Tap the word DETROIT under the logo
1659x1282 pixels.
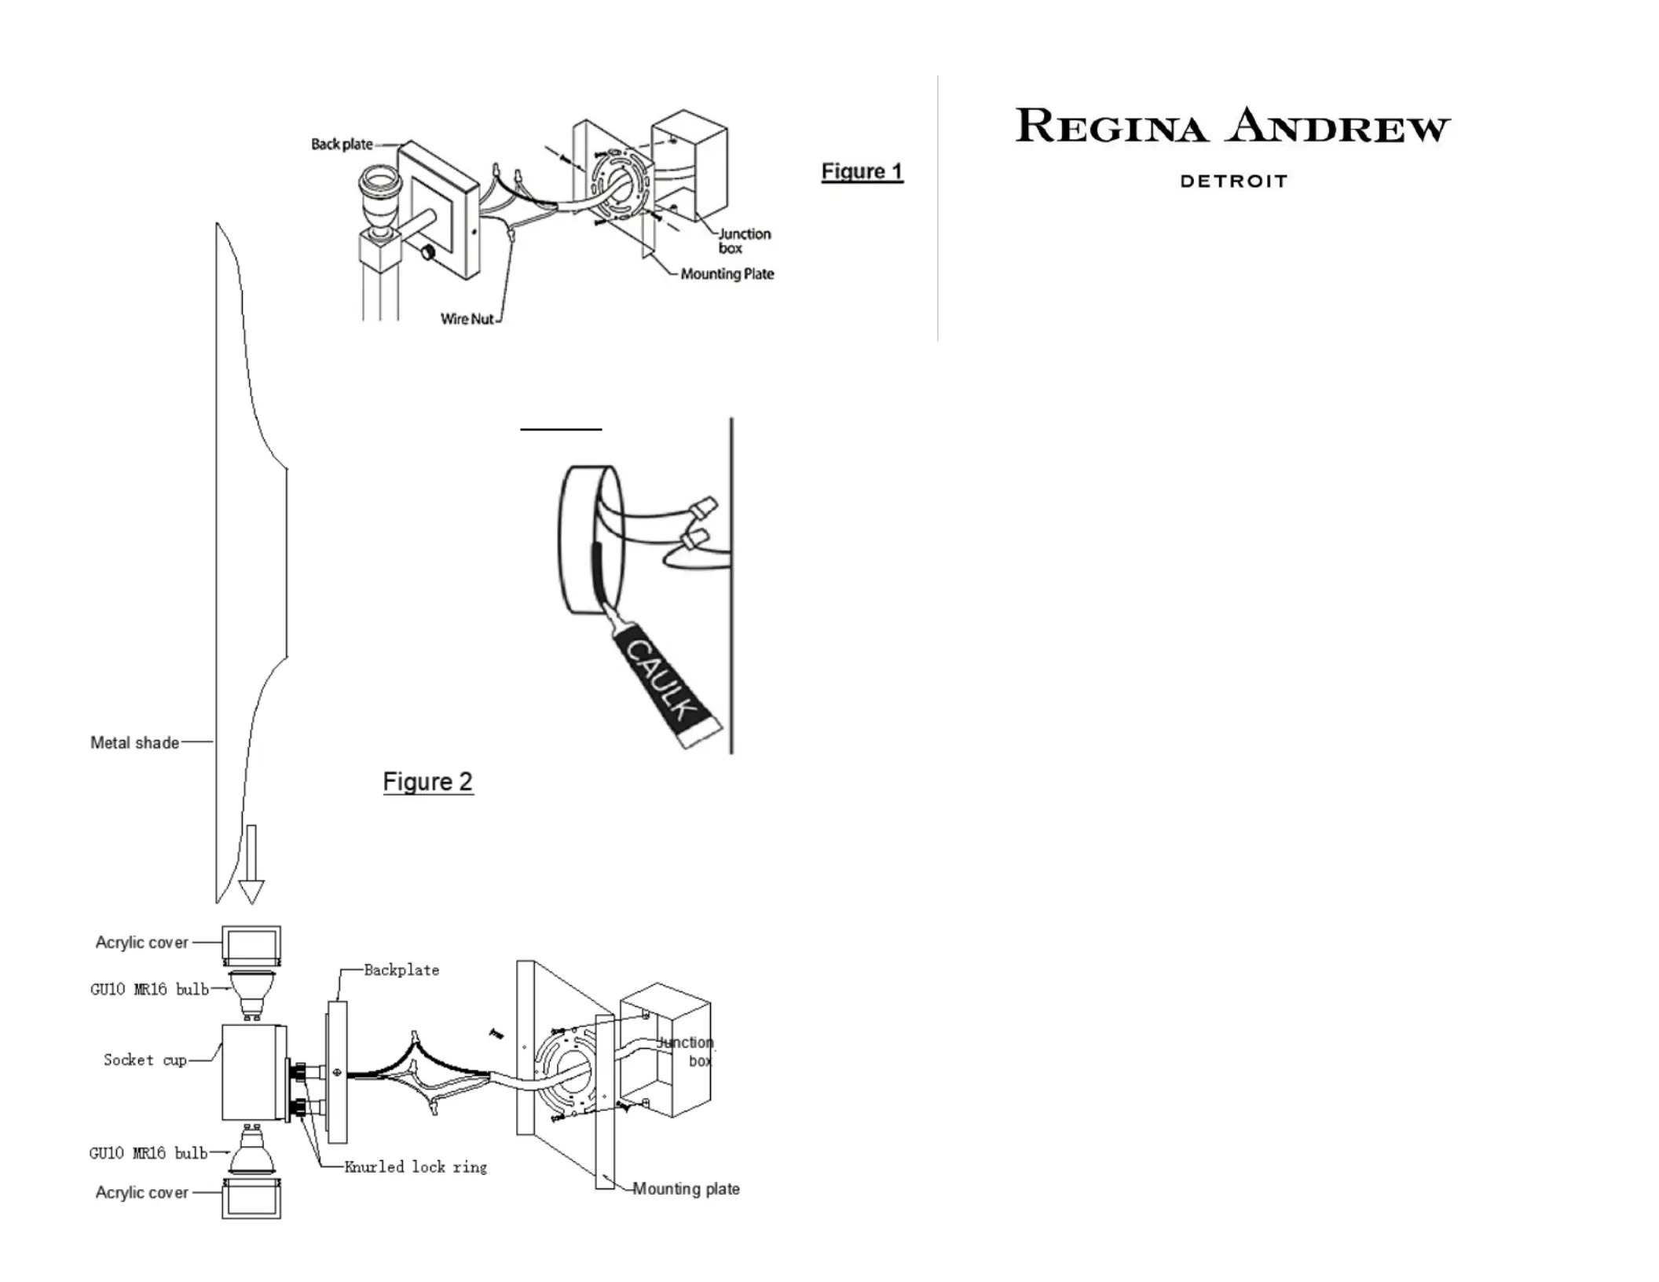pyautogui.click(x=1233, y=181)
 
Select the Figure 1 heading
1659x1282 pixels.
pyautogui.click(x=862, y=171)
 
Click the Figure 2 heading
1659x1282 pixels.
pyautogui.click(x=427, y=782)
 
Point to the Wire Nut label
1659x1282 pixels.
pyautogui.click(x=467, y=319)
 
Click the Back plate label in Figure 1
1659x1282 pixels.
pyautogui.click(x=342, y=145)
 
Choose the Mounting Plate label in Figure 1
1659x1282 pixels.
pyautogui.click(x=727, y=274)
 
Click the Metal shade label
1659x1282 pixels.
pyautogui.click(x=134, y=742)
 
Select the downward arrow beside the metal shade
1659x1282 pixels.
pyautogui.click(x=251, y=864)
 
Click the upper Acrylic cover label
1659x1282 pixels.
pyautogui.click(x=142, y=943)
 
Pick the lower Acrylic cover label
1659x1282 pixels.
pyautogui.click(x=142, y=1192)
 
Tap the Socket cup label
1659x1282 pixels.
pyautogui.click(x=145, y=1060)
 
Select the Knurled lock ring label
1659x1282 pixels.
pyautogui.click(x=416, y=1167)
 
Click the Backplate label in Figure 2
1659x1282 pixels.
pyautogui.click(x=401, y=970)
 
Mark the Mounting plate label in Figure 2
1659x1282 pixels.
pyautogui.click(x=686, y=1189)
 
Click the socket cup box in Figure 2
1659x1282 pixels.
pyautogui.click(x=252, y=1071)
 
